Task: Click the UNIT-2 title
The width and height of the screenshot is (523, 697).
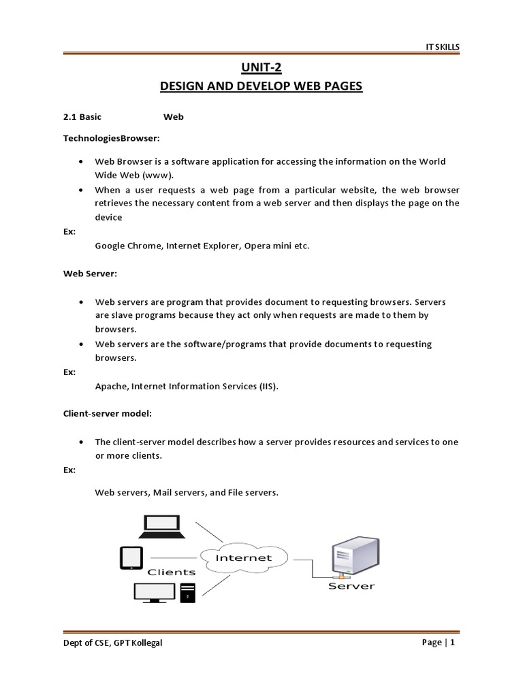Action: tap(261, 67)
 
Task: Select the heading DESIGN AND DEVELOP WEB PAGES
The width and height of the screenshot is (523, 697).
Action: tap(261, 87)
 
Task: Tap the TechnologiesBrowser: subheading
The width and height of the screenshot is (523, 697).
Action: tap(111, 138)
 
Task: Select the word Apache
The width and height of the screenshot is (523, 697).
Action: tap(110, 387)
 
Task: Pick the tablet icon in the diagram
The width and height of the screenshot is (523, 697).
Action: tap(131, 557)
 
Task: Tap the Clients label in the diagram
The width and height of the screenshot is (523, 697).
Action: tap(172, 572)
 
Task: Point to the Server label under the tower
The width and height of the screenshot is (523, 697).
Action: tap(351, 585)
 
